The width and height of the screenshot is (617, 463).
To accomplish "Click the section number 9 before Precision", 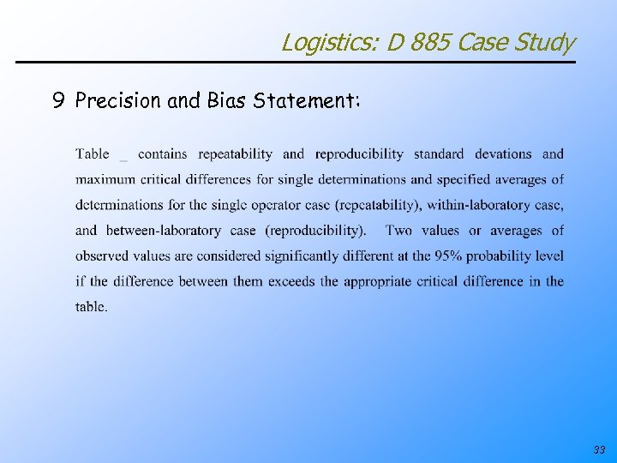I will pos(57,101).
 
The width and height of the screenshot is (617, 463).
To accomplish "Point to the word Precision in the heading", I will pos(118,101).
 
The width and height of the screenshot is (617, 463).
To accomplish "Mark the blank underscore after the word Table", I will pos(123,156).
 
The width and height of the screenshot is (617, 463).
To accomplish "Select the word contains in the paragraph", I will pos(162,154).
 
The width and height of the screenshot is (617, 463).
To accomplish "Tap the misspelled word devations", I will pos(503,154).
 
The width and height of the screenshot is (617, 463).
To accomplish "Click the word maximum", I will pos(104,180).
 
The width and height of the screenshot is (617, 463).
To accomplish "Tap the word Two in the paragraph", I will pos(399,231).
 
